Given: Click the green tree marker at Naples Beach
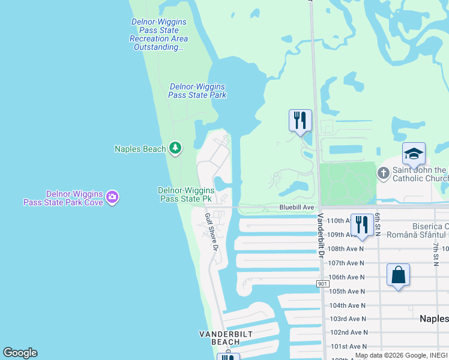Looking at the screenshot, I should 175,148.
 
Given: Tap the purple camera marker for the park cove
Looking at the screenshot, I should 112,197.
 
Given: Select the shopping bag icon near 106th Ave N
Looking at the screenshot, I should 398,276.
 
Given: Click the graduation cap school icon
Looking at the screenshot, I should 414,155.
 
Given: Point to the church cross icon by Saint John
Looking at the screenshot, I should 384,173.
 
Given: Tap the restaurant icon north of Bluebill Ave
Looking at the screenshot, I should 300,121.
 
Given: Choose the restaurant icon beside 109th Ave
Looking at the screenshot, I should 361,225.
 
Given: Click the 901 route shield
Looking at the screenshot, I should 324,283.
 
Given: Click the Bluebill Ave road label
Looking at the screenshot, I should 297,207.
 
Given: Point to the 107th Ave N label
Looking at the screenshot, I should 346,263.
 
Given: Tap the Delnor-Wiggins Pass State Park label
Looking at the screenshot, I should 197,91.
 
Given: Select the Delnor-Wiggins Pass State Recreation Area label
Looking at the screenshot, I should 158,34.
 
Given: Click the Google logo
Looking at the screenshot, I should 20,353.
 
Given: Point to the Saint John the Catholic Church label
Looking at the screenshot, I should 420,174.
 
